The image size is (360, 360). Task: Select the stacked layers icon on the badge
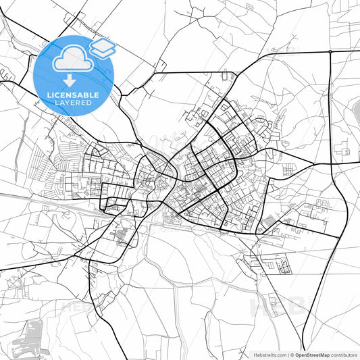(x=102, y=47)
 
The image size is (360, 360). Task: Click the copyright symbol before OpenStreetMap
(x=292, y=355)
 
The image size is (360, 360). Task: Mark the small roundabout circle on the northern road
(x=330, y=51)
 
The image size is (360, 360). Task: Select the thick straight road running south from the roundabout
(x=330, y=108)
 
